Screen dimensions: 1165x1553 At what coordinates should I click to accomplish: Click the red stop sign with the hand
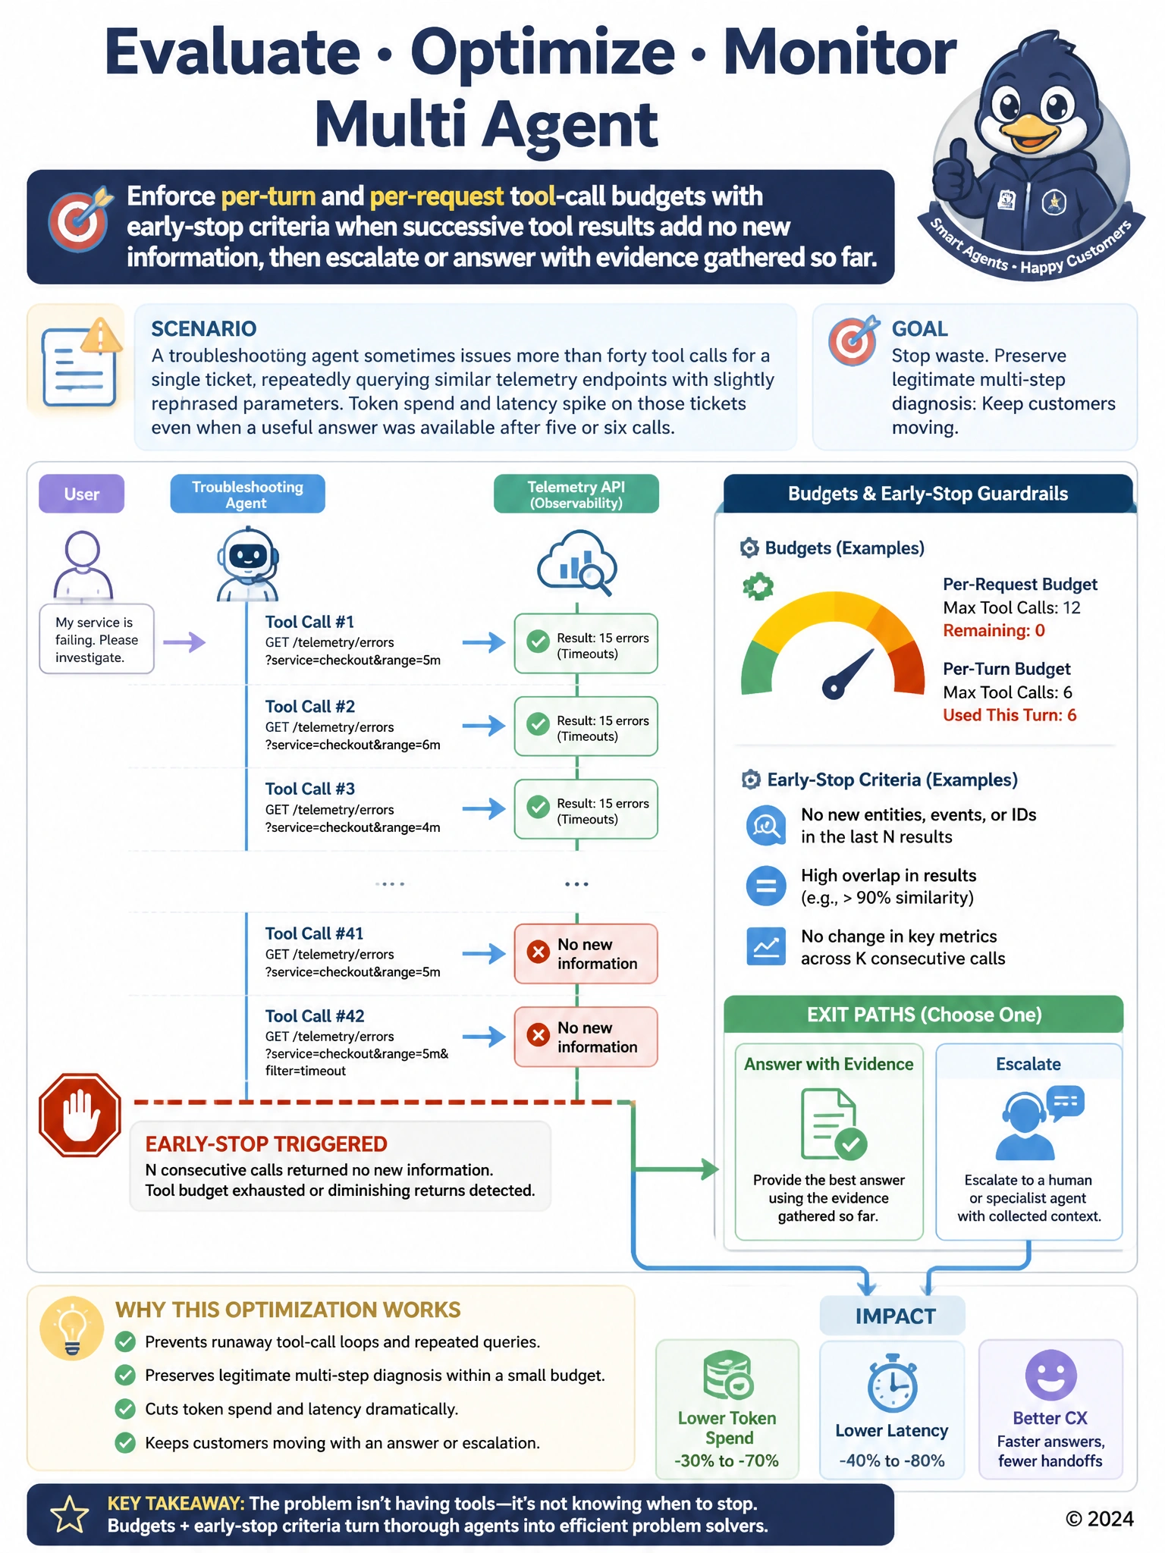[80, 1115]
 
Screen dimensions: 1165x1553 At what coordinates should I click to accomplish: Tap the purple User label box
[82, 494]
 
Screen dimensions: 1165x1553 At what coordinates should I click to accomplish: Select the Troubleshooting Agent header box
[247, 494]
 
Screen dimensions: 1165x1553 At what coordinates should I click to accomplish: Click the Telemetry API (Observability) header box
[576, 494]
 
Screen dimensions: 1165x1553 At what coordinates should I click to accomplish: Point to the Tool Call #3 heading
[310, 789]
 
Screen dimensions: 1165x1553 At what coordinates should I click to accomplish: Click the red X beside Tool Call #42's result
[539, 1035]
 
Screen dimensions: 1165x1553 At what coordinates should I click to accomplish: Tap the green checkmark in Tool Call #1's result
[539, 642]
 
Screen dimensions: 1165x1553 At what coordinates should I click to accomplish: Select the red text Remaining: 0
[994, 630]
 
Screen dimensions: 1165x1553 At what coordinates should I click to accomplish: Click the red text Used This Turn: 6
[1010, 715]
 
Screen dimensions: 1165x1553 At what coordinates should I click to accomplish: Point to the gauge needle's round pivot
[833, 688]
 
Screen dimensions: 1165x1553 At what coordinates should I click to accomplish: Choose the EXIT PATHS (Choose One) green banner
[924, 1015]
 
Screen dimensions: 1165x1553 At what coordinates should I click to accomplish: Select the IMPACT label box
[893, 1316]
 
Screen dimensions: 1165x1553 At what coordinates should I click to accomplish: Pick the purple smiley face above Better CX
[1050, 1375]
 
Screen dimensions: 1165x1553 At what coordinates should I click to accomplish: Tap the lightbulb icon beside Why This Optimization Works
[72, 1328]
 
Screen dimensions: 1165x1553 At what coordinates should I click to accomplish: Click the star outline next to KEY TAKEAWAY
[69, 1514]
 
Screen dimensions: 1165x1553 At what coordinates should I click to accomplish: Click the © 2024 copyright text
[1099, 1519]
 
